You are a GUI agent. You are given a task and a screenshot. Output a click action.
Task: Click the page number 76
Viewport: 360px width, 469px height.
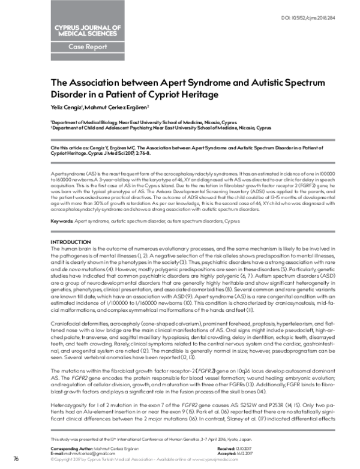[16, 459]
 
